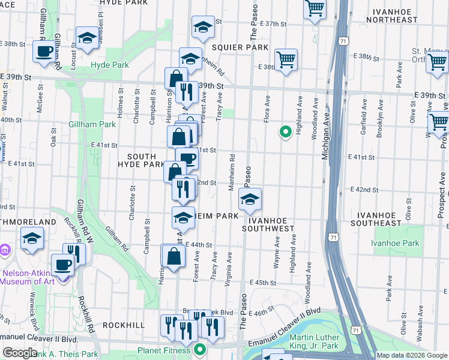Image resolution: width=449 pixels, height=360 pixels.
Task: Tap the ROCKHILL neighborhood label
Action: click(123, 325)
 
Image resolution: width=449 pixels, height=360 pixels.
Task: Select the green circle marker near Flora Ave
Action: click(286, 132)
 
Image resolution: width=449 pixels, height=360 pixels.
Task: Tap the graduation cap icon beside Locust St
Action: click(87, 38)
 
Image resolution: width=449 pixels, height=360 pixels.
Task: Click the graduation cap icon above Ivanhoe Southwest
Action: click(250, 199)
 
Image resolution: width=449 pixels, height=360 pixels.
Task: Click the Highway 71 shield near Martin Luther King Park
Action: click(357, 331)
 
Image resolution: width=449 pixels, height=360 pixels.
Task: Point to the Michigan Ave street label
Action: click(327, 139)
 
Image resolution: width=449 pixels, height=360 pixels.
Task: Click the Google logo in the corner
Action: click(20, 353)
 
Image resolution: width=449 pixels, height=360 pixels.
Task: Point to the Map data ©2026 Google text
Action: click(411, 355)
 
